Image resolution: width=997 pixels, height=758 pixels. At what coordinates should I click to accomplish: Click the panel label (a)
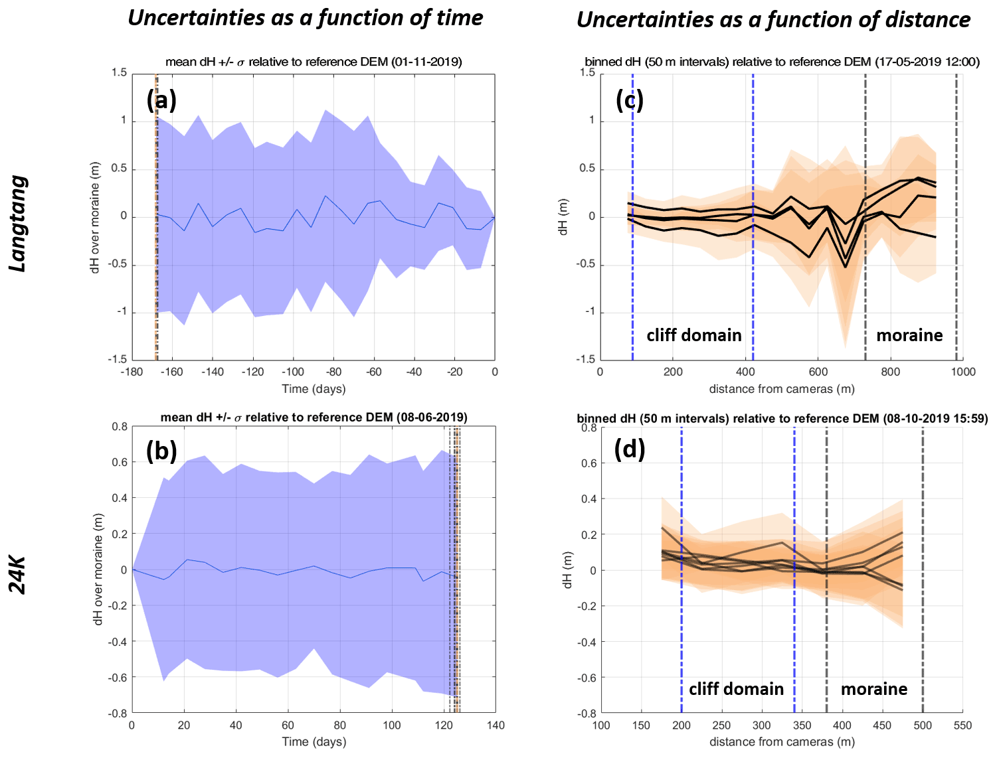(161, 100)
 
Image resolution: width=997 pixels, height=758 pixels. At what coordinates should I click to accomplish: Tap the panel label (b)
(161, 451)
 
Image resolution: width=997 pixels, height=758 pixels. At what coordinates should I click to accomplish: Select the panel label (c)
(630, 100)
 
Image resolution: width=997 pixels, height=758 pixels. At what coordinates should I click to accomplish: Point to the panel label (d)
(630, 449)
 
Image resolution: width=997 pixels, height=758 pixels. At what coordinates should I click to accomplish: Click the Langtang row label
(18, 224)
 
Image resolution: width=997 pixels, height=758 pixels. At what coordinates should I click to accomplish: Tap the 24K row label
(18, 575)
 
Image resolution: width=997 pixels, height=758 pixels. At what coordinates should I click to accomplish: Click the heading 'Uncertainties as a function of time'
(305, 18)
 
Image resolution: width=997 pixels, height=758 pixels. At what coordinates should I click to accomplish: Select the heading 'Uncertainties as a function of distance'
(773, 20)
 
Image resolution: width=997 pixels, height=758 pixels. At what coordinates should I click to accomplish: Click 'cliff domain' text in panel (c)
(694, 335)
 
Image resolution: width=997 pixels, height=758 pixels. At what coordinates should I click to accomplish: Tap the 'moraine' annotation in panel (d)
(874, 689)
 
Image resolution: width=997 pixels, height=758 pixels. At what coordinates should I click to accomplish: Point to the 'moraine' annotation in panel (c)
(909, 335)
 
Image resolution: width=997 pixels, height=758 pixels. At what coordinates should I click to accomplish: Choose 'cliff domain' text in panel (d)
(736, 689)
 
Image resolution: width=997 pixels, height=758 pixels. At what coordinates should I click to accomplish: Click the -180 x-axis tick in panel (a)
(132, 372)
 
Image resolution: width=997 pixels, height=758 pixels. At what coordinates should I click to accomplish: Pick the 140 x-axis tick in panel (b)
(496, 725)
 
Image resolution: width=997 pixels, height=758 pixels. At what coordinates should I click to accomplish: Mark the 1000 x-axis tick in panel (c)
(963, 372)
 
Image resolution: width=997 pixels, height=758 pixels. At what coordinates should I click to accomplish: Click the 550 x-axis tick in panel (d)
(962, 725)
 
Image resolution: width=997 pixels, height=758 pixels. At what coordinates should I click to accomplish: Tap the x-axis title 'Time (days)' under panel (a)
(314, 389)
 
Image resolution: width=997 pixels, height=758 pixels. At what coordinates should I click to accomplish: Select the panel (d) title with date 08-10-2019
(782, 419)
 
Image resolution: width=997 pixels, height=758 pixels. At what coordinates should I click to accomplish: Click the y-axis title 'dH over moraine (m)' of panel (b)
(98, 569)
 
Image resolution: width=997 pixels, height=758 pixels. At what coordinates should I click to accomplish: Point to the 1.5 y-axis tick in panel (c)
(587, 72)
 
